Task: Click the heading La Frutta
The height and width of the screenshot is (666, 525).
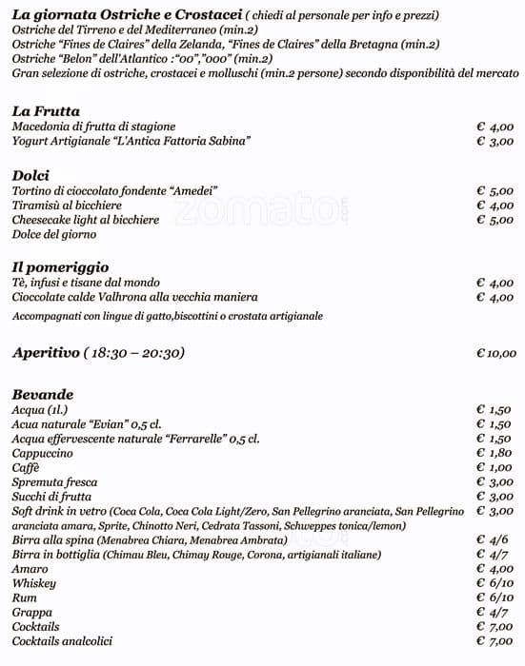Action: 46,110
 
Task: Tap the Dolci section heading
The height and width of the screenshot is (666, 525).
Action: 30,175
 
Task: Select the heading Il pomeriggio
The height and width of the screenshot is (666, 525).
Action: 60,267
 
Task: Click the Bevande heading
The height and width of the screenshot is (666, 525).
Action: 43,394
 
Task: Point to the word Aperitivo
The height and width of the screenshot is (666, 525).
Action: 44,353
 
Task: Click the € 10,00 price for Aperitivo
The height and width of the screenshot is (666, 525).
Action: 495,353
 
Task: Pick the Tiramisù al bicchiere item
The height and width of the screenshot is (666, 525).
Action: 67,206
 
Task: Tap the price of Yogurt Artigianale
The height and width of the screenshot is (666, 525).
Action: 495,141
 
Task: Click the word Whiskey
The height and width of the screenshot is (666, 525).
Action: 34,582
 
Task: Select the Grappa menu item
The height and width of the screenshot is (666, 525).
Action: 32,612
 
